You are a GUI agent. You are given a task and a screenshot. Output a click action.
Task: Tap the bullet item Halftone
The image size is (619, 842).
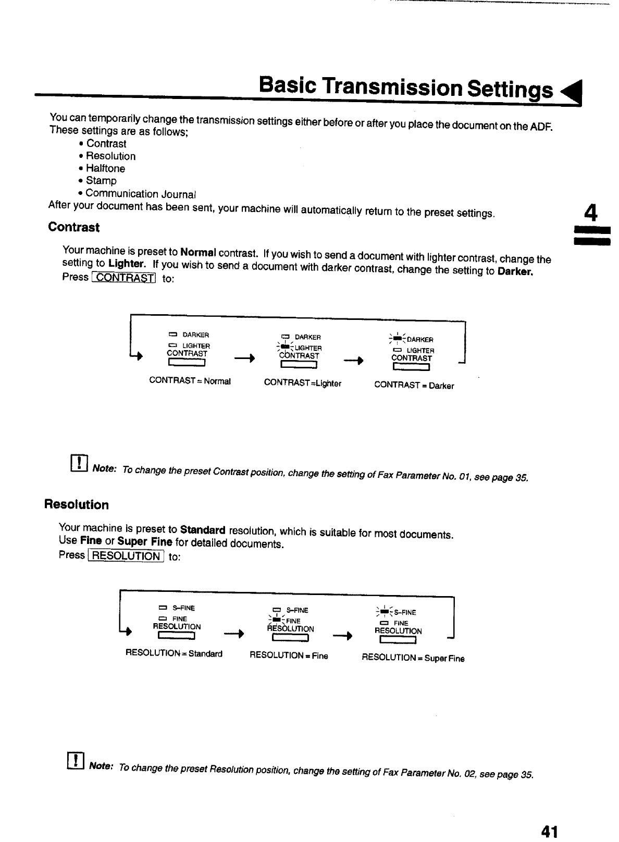click(105, 168)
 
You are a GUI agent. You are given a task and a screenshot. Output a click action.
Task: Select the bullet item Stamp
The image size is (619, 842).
click(101, 181)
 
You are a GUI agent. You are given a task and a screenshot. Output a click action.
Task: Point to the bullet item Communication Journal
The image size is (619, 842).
click(141, 194)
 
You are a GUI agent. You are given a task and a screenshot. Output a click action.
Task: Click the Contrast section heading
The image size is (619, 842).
click(73, 227)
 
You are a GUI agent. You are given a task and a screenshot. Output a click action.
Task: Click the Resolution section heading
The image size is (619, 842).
click(77, 505)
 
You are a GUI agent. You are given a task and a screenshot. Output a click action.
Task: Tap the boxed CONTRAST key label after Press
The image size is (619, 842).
click(123, 278)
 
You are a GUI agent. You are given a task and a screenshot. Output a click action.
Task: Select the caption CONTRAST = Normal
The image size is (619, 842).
click(190, 381)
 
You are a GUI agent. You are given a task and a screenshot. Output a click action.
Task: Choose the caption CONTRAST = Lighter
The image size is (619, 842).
click(303, 383)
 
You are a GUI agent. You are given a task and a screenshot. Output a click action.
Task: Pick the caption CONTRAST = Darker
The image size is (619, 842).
click(414, 386)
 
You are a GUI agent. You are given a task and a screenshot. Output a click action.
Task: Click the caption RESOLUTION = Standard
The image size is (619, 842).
click(174, 653)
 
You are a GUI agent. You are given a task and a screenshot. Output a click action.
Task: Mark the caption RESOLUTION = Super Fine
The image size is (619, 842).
click(413, 658)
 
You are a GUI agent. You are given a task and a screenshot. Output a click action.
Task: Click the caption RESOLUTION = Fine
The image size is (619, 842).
click(289, 655)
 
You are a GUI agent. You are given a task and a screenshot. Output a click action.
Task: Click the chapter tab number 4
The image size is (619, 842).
click(590, 213)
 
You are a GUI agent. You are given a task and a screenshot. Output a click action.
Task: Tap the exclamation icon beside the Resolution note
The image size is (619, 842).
click(76, 761)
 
